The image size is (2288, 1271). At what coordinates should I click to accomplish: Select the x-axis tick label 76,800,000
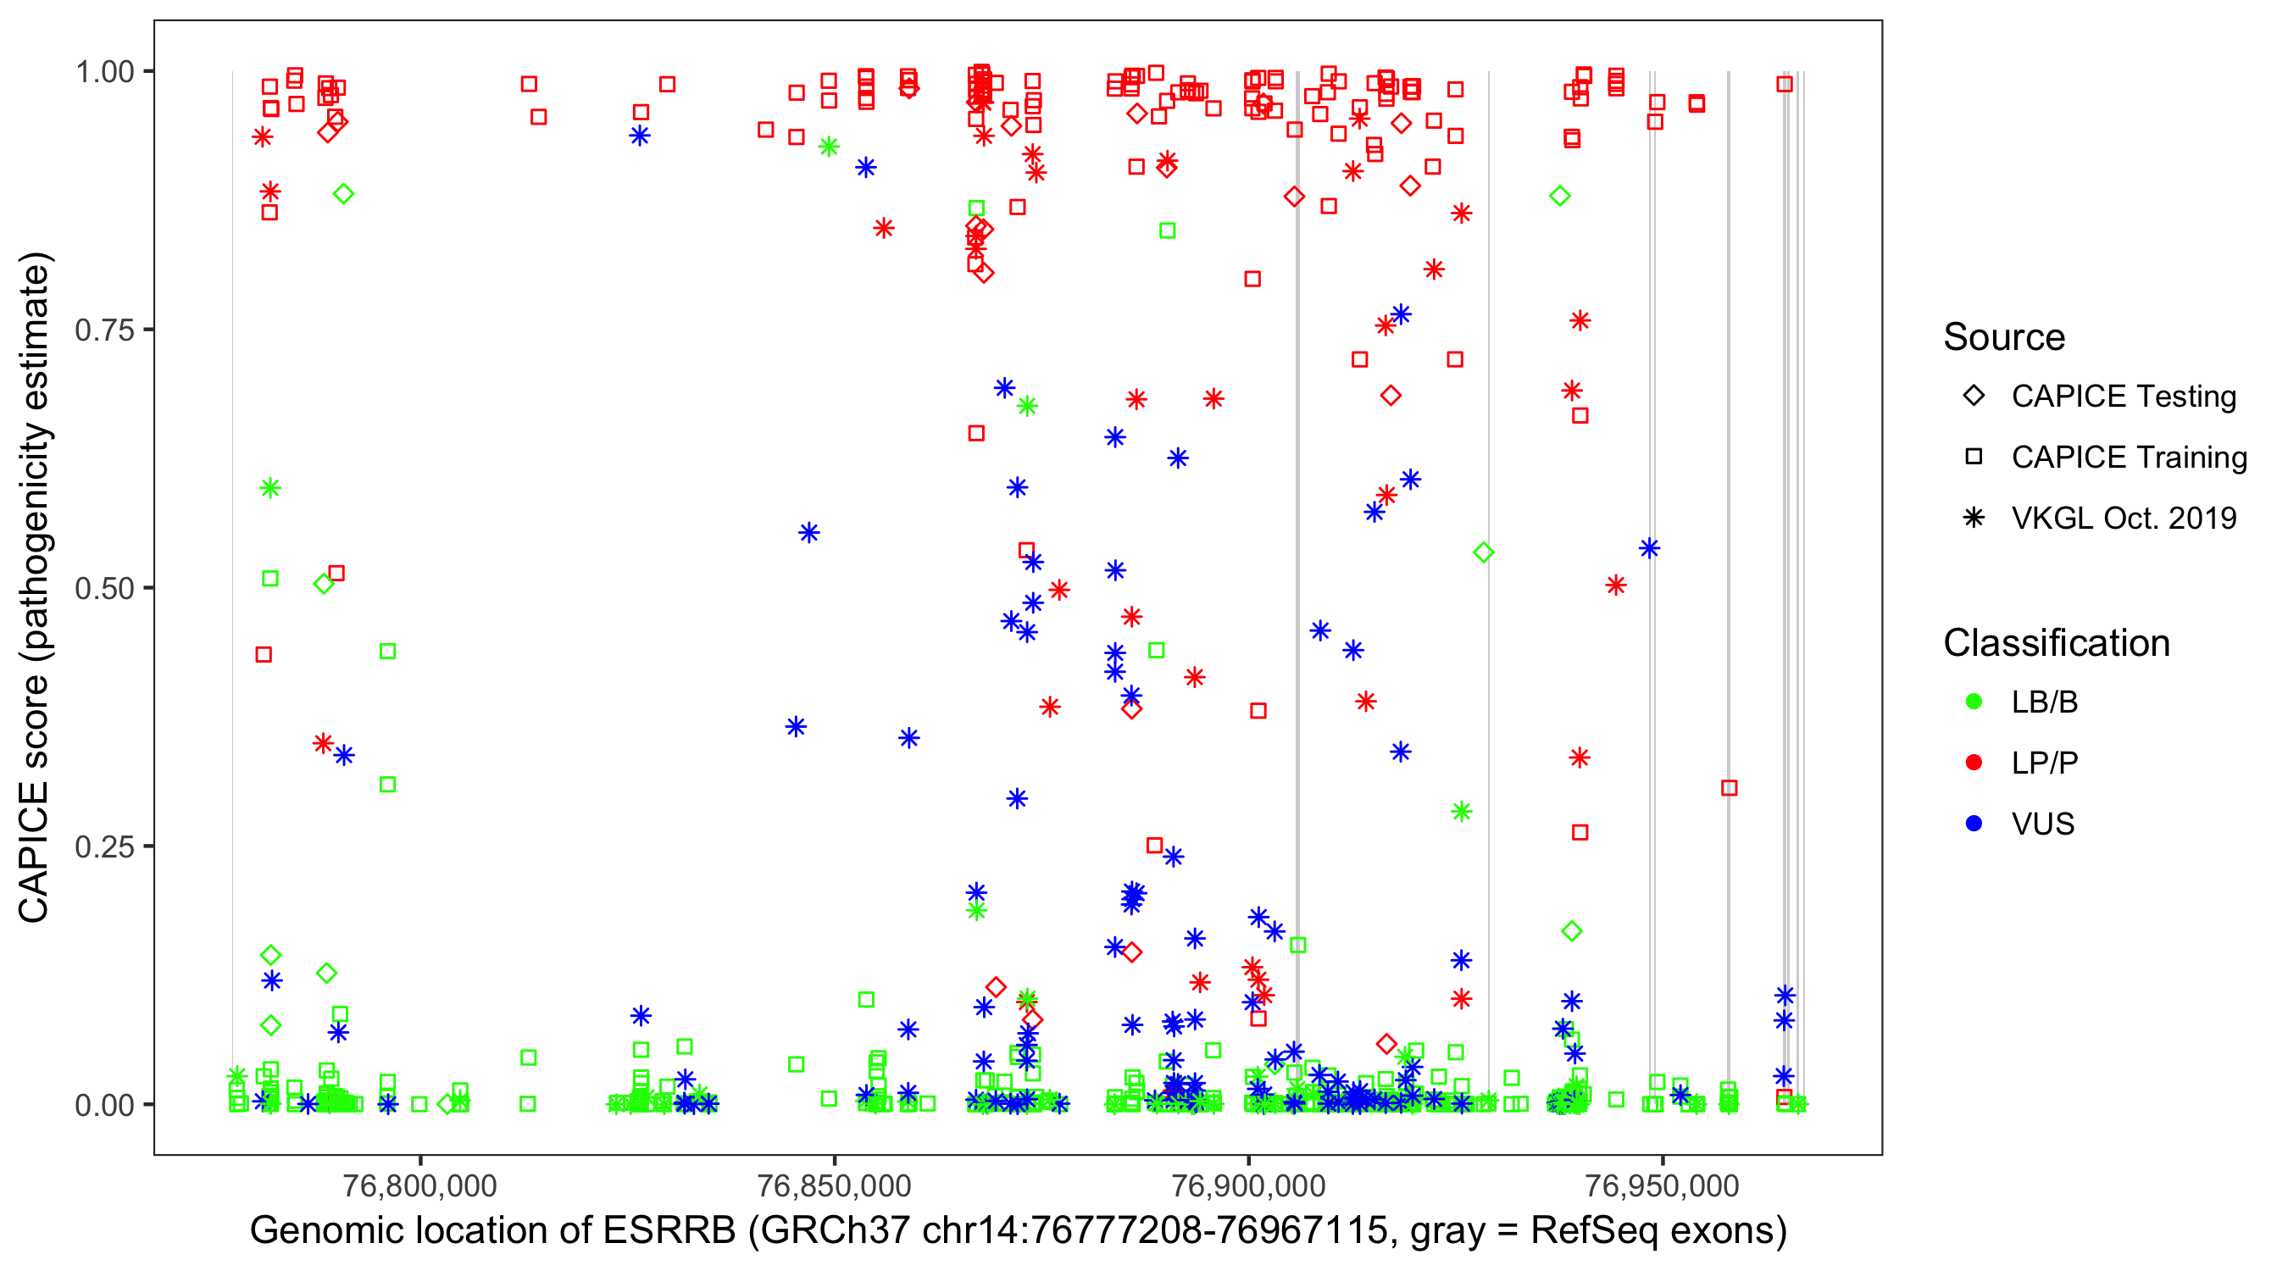coord(419,1185)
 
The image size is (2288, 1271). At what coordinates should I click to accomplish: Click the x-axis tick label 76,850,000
coord(834,1185)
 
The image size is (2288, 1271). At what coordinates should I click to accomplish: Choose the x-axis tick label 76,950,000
coord(1662,1185)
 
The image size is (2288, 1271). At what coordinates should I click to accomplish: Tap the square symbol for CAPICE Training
coord(1974,457)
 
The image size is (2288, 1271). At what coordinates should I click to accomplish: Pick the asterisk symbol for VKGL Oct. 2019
coord(1974,518)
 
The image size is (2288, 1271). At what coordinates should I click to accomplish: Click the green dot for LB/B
coord(1974,702)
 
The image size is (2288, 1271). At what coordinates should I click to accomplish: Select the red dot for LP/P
coord(1974,763)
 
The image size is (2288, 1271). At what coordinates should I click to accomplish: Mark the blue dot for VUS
coord(1974,824)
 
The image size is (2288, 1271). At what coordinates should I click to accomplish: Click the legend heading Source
coord(2004,337)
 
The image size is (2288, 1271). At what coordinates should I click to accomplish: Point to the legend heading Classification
coord(2056,643)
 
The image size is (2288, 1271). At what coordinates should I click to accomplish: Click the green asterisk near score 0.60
coord(270,487)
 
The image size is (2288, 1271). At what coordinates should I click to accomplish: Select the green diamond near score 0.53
coord(1482,552)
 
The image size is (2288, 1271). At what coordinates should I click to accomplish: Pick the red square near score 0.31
coord(1729,788)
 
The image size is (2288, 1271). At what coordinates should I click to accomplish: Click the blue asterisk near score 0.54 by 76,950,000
coord(1649,548)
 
